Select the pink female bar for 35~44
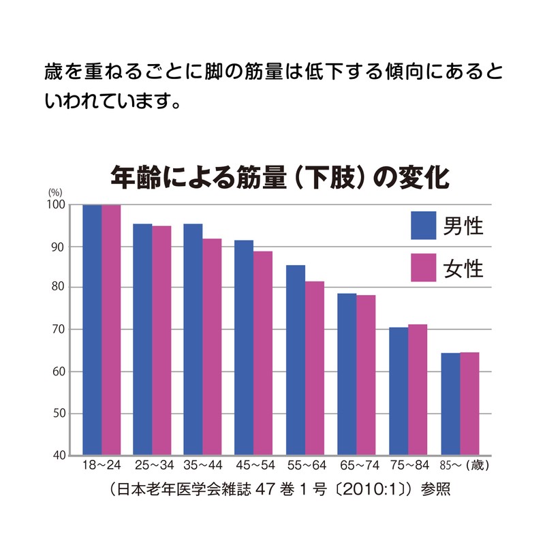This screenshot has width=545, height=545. tap(212, 347)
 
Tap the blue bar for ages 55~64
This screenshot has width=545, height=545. tap(295, 360)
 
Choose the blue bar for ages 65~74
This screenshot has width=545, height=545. tap(347, 374)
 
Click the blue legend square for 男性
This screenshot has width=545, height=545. tap(424, 225)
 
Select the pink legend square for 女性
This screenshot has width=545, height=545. tap(424, 267)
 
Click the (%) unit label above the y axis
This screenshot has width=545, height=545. tap(54, 193)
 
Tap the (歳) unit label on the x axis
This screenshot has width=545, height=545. tap(478, 467)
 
